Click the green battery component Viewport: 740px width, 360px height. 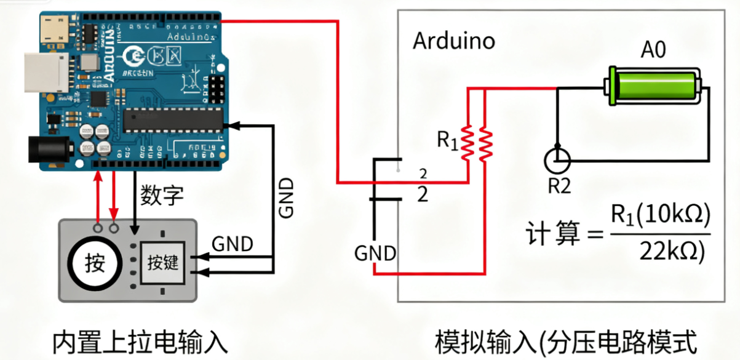[x=654, y=86]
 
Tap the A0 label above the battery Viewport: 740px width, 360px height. [x=653, y=50]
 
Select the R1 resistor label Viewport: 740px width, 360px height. [x=447, y=141]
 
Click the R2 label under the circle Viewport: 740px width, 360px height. [x=559, y=186]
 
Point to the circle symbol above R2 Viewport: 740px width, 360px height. [x=557, y=161]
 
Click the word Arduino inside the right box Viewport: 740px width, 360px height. [x=453, y=41]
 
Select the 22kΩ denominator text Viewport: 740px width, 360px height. [x=672, y=250]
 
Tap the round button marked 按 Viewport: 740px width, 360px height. [x=95, y=264]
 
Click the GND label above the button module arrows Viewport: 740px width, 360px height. [x=232, y=244]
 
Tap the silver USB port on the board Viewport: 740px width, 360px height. [x=43, y=73]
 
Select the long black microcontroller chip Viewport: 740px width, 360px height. [x=172, y=120]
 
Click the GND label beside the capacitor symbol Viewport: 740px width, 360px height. [x=375, y=252]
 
